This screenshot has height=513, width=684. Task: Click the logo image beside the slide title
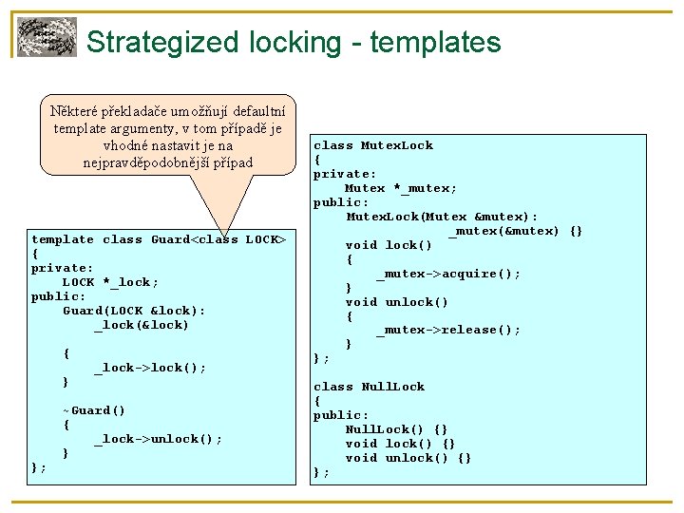(47, 37)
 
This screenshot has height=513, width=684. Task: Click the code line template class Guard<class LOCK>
(159, 239)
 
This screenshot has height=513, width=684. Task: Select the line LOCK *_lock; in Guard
(110, 282)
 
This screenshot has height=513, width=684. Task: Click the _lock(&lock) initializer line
(141, 325)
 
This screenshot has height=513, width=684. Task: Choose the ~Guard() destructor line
(94, 410)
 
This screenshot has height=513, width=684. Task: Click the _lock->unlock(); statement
(157, 439)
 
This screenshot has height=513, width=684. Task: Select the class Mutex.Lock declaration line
(373, 145)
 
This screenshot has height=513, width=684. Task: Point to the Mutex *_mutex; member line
(400, 188)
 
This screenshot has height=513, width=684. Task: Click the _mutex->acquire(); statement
(448, 274)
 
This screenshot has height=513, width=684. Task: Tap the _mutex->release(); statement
(448, 330)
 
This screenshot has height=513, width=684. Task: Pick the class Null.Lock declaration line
(370, 387)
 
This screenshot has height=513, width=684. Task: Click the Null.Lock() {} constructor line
(396, 429)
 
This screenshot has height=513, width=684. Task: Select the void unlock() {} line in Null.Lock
(408, 458)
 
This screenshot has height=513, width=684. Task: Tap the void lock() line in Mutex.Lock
(389, 245)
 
